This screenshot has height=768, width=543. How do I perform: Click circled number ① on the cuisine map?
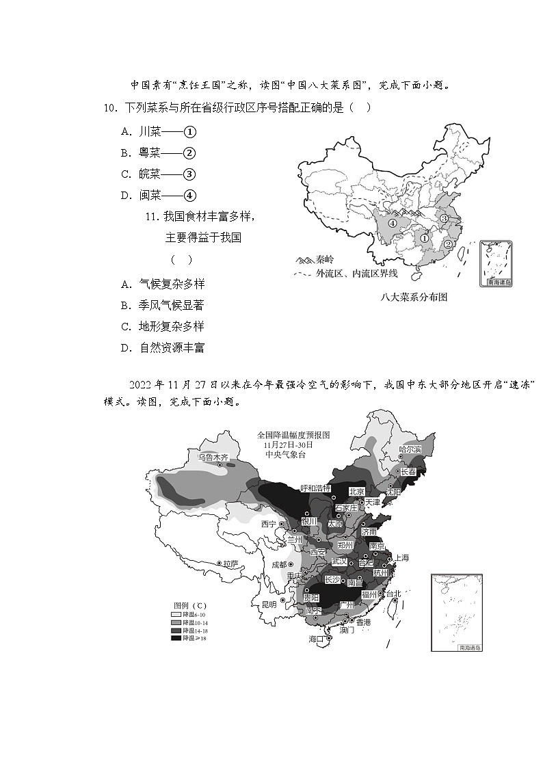click(x=424, y=239)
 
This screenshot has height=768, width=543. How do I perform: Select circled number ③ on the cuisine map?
click(x=444, y=218)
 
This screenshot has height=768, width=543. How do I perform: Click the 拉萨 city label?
click(x=230, y=564)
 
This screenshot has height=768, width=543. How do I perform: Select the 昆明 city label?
click(x=269, y=604)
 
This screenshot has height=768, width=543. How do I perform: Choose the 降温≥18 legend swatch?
click(x=176, y=637)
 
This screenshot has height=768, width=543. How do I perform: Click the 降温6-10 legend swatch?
click(x=176, y=615)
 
